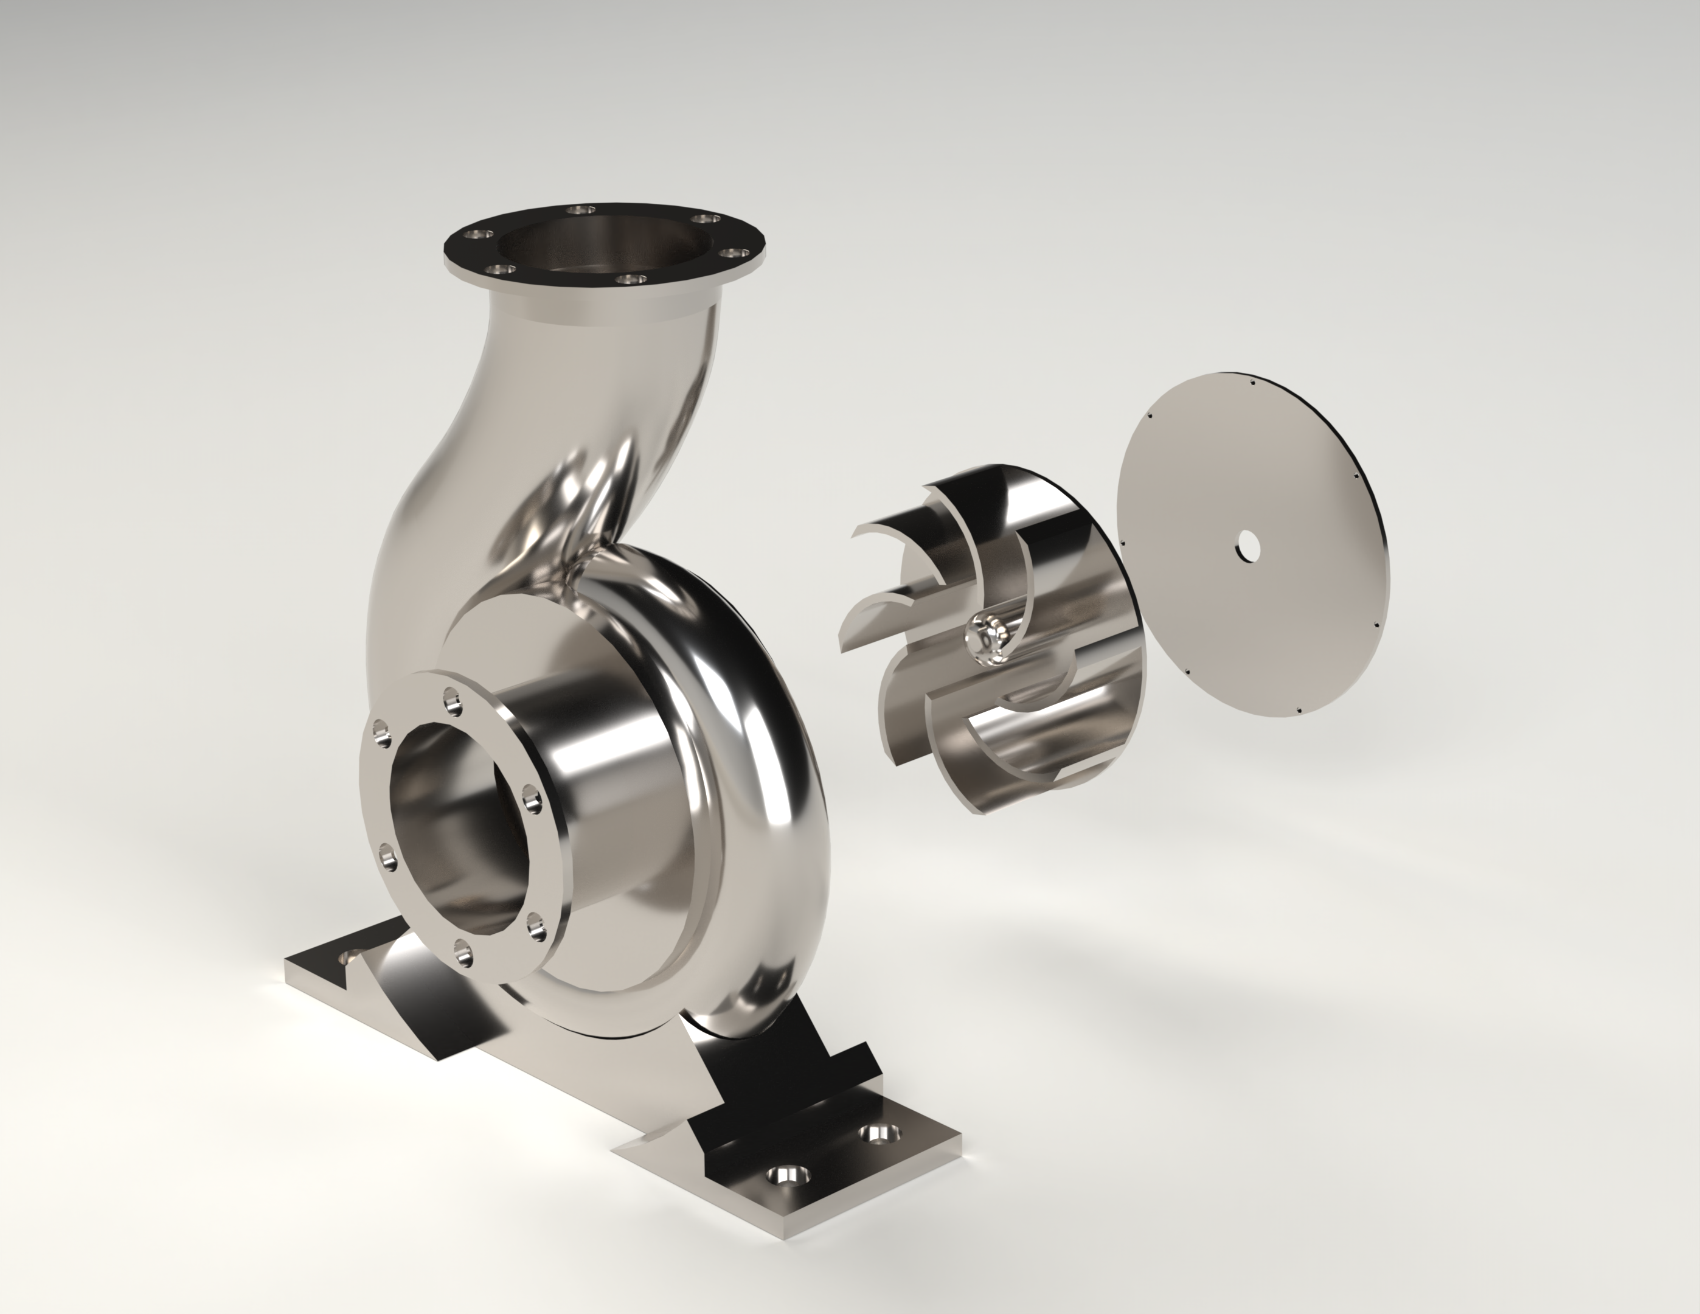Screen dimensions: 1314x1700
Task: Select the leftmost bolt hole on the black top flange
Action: pos(476,234)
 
